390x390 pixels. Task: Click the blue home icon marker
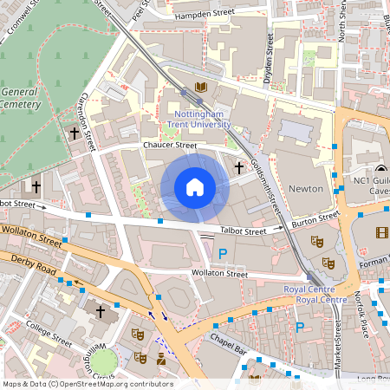195,187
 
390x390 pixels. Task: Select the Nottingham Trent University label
200,119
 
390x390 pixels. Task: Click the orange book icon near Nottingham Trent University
201,88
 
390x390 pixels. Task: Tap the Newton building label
304,188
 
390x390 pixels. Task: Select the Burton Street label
314,222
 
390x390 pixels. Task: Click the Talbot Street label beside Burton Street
242,231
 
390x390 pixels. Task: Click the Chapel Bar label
230,347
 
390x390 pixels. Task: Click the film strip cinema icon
382,231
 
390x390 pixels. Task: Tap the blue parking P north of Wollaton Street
222,253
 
